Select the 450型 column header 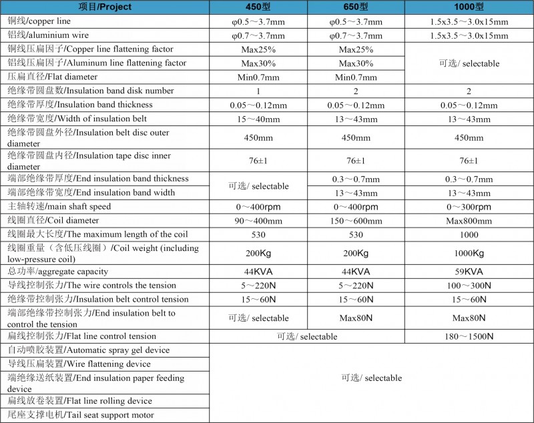click(x=258, y=7)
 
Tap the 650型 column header click(x=356, y=7)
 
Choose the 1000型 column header click(x=469, y=7)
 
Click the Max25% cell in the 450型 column click(x=258, y=50)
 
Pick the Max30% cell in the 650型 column click(x=356, y=63)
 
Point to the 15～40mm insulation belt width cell click(x=258, y=119)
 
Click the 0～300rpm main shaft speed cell click(x=469, y=207)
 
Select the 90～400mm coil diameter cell click(x=258, y=221)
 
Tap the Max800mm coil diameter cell click(x=469, y=221)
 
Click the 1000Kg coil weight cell click(x=469, y=254)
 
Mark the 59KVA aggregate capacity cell click(x=469, y=272)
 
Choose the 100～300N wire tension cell click(x=469, y=286)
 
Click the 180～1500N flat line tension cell click(x=469, y=336)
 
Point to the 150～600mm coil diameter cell click(x=356, y=221)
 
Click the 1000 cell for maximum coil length click(x=469, y=234)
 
